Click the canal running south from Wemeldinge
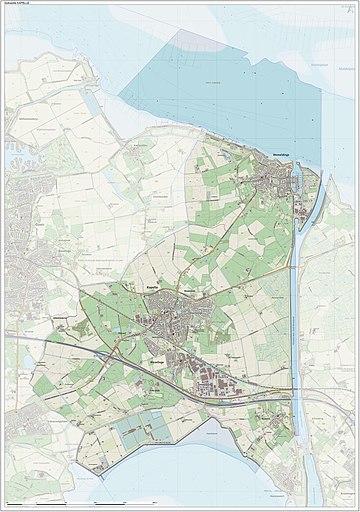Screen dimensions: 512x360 [291, 300]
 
